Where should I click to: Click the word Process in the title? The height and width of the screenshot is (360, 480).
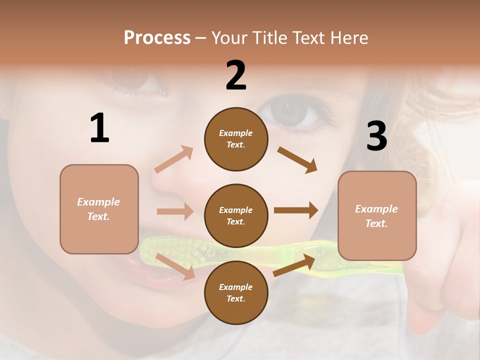pos(157,38)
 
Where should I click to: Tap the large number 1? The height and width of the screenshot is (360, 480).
pos(99,128)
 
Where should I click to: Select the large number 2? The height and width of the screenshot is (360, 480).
pos(236,75)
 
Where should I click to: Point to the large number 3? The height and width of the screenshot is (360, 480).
pos(376,136)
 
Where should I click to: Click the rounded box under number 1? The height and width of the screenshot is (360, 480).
pos(99,209)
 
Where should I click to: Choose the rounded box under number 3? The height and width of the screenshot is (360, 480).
pos(377,215)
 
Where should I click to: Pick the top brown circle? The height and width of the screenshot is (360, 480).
pos(236,139)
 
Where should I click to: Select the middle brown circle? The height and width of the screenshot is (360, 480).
pos(236,215)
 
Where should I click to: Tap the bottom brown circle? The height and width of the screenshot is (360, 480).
pos(236,292)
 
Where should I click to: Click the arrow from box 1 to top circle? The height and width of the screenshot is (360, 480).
pos(174,159)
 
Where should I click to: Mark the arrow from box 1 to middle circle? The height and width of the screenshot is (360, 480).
pos(175,211)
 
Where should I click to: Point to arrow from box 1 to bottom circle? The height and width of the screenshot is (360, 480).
pos(175,266)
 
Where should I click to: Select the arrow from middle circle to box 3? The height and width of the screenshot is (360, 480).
pos(296,210)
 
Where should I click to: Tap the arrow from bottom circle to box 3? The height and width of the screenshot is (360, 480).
pos(294,265)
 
